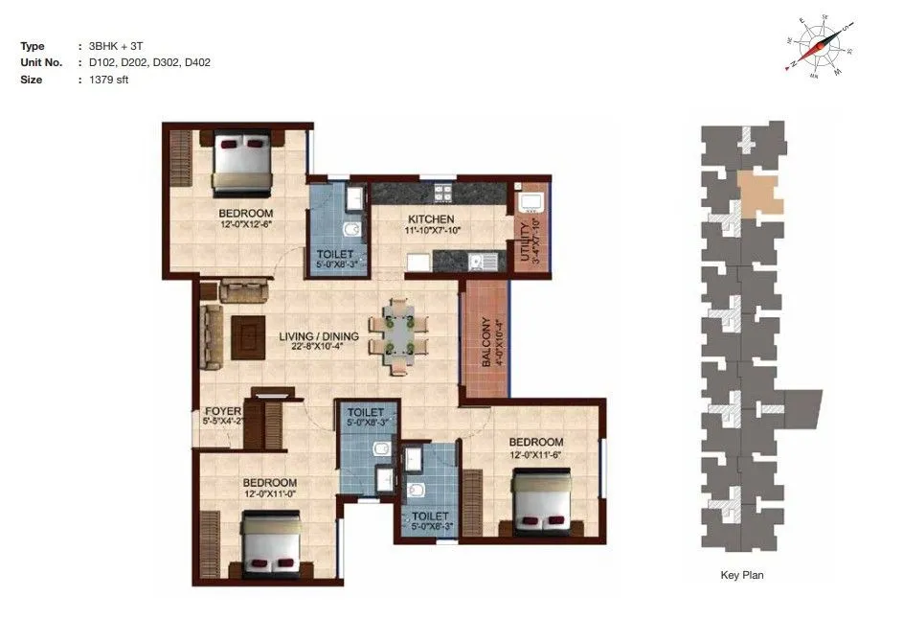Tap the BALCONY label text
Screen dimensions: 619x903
point(486,341)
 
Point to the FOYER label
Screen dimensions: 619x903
point(222,411)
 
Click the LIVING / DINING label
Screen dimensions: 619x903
point(319,336)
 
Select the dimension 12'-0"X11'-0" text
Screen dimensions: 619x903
point(269,494)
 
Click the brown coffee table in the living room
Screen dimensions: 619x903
point(250,335)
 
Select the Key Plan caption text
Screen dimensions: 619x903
point(741,576)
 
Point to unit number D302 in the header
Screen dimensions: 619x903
point(158,62)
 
